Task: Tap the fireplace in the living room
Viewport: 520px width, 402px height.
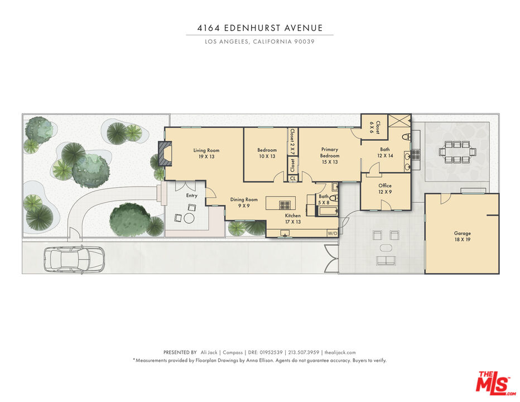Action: point(165,154)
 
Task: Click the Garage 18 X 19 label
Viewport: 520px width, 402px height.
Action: point(463,236)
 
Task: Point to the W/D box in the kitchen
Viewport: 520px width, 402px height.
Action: point(333,233)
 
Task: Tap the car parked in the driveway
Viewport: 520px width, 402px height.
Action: point(74,259)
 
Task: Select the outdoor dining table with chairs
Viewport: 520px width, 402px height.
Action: point(458,152)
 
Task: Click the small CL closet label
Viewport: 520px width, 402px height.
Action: point(292,178)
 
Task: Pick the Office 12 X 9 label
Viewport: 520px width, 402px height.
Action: point(385,189)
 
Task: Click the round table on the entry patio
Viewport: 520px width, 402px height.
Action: point(189,218)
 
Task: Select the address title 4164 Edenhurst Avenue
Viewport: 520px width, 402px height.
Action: point(260,28)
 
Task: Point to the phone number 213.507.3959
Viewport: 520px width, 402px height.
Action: point(304,352)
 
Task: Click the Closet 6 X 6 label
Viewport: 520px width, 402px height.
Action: point(374,127)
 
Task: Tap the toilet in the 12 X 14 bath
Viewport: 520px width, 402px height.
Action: point(407,136)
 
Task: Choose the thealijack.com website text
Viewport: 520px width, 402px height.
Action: point(340,352)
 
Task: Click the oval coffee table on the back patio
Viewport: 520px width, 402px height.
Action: point(386,248)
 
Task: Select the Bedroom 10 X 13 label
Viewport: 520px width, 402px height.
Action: point(267,153)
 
